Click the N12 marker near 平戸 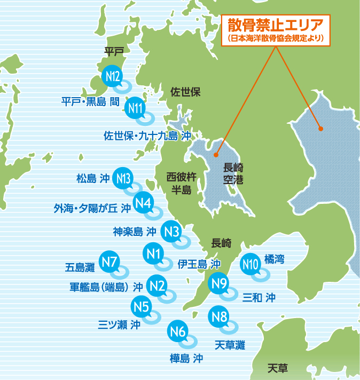tap(112, 76)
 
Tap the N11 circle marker tap(136, 108)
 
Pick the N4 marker tap(144, 203)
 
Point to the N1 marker tap(154, 252)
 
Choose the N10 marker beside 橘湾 tap(251, 263)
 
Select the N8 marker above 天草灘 tap(220, 316)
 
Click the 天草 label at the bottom tap(278, 368)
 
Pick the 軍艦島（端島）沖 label tap(106, 287)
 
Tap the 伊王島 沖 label tap(199, 264)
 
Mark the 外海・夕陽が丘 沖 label tap(92, 207)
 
